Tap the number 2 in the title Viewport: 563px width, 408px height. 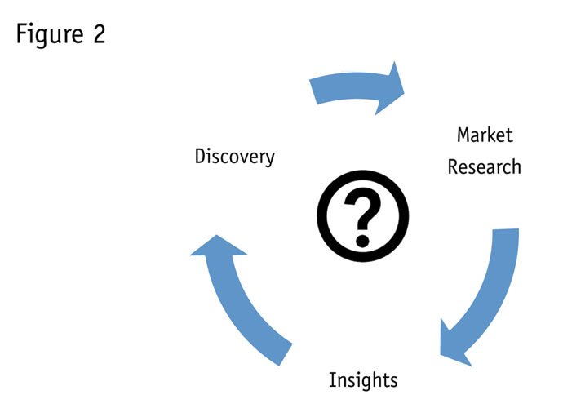pos(98,36)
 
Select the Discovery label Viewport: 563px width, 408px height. pos(234,156)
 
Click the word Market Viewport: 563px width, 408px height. pos(485,135)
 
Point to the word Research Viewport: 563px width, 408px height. pos(484,167)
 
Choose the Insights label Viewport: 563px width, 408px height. pos(363,379)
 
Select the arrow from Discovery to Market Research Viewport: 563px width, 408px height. pos(351,89)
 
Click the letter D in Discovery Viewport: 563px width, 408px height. pos(201,156)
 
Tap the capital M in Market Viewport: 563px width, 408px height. pos(463,135)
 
